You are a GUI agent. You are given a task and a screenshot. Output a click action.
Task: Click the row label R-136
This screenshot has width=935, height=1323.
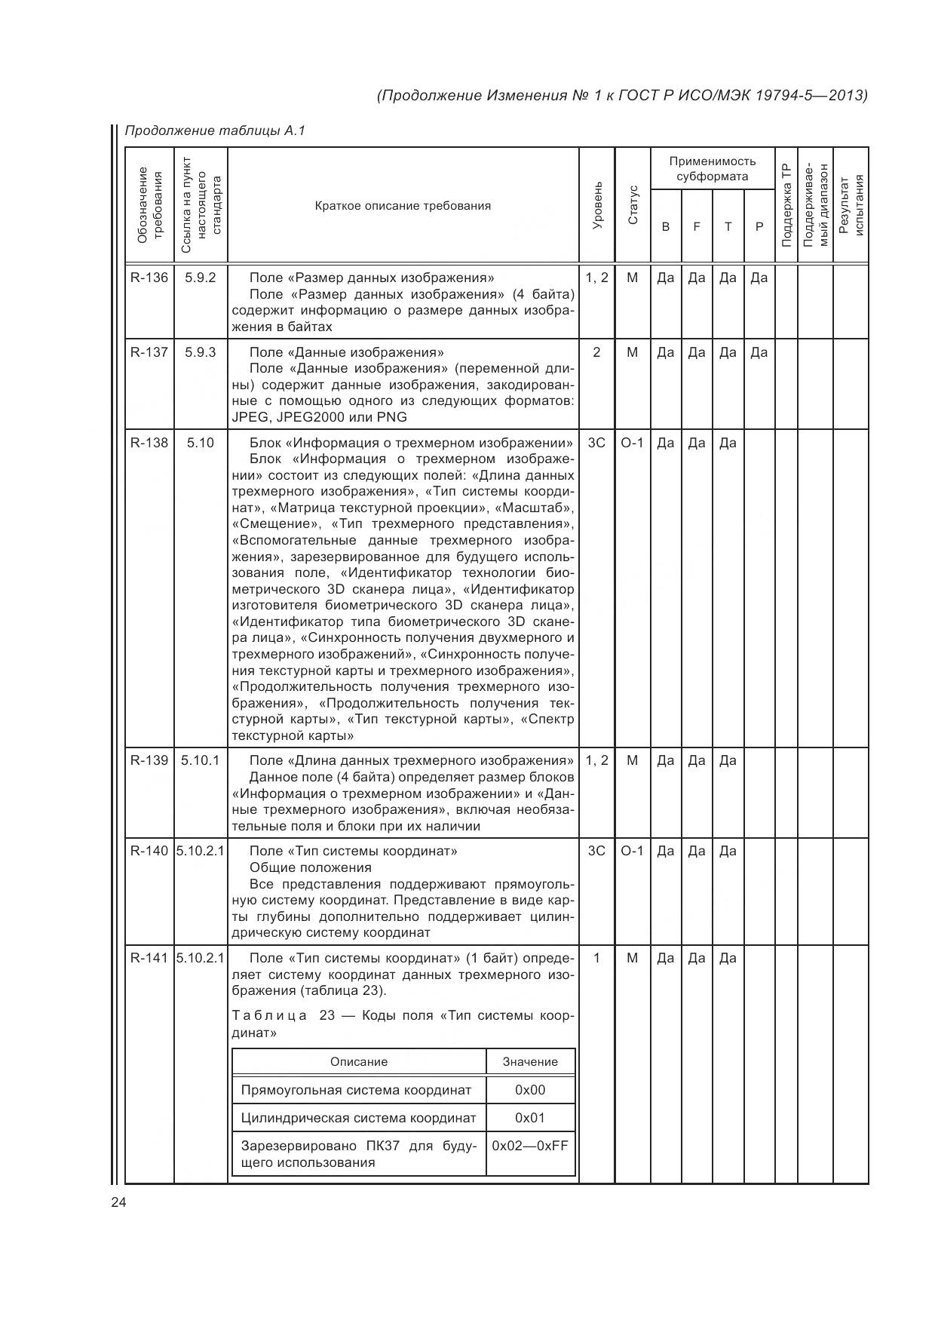(149, 278)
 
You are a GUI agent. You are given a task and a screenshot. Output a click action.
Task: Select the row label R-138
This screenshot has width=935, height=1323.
(149, 443)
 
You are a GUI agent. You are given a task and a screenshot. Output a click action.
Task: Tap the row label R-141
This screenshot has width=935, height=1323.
(149, 959)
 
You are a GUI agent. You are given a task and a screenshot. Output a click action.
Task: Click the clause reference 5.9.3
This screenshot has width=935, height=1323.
(201, 352)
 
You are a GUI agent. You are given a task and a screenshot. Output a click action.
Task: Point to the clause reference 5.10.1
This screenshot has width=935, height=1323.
(201, 760)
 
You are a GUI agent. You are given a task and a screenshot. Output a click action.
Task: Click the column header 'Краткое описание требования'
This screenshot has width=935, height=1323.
(403, 206)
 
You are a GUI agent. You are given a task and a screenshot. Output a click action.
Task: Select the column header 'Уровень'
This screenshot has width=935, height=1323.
(597, 206)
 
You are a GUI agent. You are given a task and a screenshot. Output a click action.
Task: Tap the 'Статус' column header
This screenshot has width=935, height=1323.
(633, 206)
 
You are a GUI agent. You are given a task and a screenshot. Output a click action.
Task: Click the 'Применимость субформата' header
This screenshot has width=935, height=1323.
(712, 169)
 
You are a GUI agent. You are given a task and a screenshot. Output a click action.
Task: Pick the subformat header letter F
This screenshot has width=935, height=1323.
(697, 227)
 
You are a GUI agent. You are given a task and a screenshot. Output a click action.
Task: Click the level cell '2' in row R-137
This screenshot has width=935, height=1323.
(596, 352)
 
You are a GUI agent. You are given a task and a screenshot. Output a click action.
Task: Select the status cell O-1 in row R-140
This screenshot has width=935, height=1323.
(632, 852)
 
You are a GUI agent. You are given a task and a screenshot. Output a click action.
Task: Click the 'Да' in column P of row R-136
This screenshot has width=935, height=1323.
(759, 278)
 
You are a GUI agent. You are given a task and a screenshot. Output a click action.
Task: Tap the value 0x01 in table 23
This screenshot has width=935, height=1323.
(530, 1118)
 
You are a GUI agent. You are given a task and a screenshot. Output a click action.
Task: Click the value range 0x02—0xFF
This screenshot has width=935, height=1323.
(530, 1146)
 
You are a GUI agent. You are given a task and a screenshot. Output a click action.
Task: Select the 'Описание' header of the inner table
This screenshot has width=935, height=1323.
(359, 1062)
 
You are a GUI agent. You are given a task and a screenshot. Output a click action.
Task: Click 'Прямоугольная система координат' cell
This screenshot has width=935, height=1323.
(356, 1090)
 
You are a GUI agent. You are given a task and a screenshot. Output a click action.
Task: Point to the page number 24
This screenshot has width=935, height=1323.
(118, 1203)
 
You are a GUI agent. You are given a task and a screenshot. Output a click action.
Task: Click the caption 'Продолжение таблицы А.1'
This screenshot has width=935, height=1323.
(214, 131)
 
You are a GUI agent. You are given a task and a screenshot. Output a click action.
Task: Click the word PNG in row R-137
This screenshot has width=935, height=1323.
(391, 417)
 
